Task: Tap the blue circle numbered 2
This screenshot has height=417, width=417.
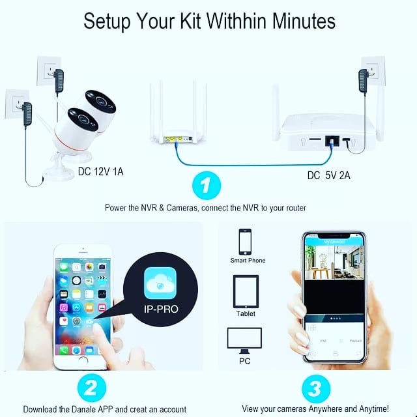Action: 91,389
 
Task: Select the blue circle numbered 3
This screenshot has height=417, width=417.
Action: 315,389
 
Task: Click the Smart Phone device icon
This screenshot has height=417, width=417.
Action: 246,241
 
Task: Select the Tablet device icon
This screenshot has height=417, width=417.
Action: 246,291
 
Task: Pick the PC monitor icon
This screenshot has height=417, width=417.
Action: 244,339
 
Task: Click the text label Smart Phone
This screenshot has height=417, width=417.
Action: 248,261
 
